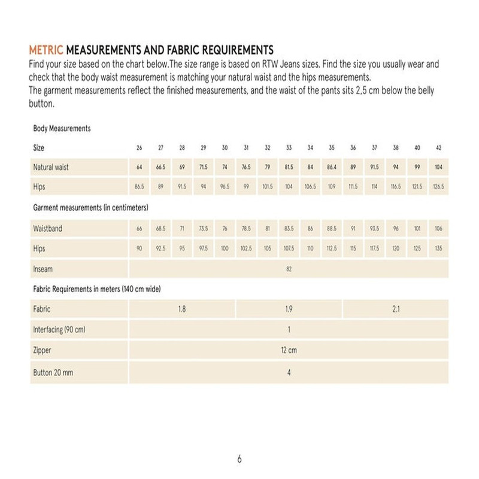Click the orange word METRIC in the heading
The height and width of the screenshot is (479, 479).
[x=46, y=49]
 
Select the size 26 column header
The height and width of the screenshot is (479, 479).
[x=140, y=147]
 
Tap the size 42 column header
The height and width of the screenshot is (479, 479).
[x=438, y=147]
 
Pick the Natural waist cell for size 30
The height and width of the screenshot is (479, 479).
[x=225, y=167]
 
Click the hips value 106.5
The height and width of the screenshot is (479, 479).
[x=310, y=187]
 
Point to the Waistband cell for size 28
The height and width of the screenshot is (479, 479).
[x=182, y=229]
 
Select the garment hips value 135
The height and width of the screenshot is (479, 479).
[x=438, y=248]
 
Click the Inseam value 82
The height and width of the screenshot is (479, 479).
[x=289, y=269]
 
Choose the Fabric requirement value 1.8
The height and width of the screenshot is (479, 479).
[x=182, y=310]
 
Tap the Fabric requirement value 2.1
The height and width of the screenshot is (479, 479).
[x=395, y=310]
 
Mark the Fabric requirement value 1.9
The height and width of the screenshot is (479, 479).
[x=289, y=310]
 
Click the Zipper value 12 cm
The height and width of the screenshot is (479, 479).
[x=289, y=350]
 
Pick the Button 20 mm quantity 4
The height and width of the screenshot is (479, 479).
[x=289, y=372]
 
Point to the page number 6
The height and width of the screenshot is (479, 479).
[x=239, y=459]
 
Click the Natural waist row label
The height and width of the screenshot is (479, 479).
[x=51, y=167]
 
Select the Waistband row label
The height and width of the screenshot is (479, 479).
[x=47, y=229]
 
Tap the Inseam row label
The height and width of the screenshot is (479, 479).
[x=43, y=269]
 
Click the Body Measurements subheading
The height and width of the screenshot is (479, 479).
[x=62, y=128]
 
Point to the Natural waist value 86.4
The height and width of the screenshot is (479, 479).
[x=331, y=167]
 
